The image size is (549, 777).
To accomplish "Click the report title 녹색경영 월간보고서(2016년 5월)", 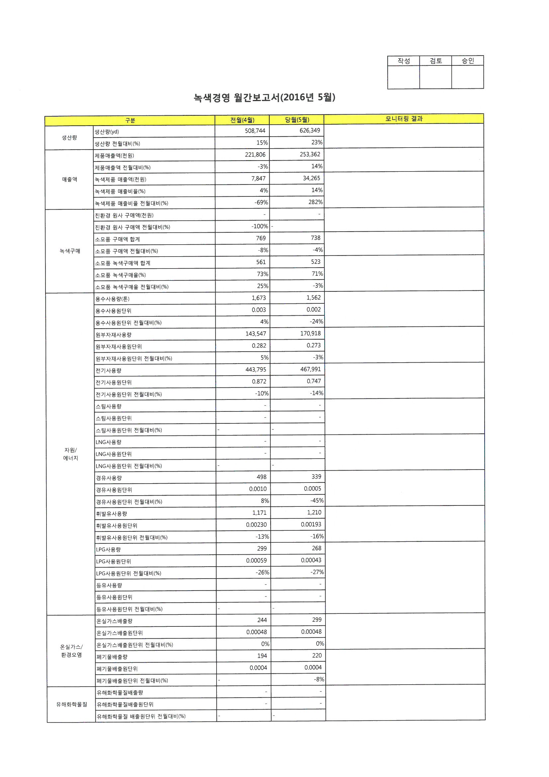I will tap(264, 98).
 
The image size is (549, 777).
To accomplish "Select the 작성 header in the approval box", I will tap(404, 61).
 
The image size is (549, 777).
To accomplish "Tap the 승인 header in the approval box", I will tap(468, 61).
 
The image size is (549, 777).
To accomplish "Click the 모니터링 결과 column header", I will tap(404, 119).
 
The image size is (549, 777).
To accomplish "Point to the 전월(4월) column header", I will tap(242, 120).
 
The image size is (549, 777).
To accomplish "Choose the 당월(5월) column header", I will tap(297, 120).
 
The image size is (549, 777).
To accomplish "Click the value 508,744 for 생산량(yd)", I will tap(255, 131).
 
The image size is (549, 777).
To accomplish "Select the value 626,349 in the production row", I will tap(310, 131).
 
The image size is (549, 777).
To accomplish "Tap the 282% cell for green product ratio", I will tap(315, 202).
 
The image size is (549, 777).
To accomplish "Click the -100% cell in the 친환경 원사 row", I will tap(259, 226).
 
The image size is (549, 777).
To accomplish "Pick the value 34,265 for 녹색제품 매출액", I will tap(311, 178).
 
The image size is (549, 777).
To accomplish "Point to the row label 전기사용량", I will tap(108, 371).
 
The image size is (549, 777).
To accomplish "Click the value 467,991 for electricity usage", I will tap(310, 369).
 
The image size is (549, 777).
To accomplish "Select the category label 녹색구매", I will tap(70, 251).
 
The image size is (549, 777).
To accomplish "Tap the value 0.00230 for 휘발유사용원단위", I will tap(256, 525).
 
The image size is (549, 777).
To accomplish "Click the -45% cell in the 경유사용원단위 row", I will tap(317, 500).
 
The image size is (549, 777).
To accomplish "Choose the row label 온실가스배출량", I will tap(114, 621).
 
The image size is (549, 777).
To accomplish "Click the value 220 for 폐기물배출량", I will tap(317, 655).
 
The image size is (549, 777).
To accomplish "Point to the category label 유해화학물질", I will tap(71, 704).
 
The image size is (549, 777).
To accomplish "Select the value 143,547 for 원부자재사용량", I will tap(256, 334).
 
